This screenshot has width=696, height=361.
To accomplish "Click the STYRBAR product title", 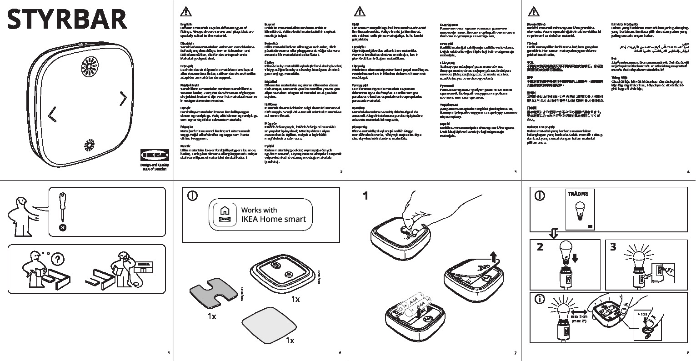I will coord(67,20).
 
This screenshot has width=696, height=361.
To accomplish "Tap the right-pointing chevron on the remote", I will coord(123,98).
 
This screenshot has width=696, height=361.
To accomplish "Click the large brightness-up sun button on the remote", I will coord(90,68).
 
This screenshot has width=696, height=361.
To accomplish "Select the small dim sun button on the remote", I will coord(89,147).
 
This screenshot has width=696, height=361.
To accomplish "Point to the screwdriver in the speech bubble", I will coord(63,207).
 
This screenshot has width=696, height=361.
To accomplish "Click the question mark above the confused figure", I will coord(56,260).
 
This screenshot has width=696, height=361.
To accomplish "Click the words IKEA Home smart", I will coord(273,219).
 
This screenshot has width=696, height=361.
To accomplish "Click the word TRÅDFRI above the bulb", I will coord(578,194).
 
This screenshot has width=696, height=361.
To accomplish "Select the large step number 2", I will coord(540,247).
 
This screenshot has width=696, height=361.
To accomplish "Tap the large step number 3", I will coord(613,247).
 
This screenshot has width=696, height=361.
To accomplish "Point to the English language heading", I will coord(186,24).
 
